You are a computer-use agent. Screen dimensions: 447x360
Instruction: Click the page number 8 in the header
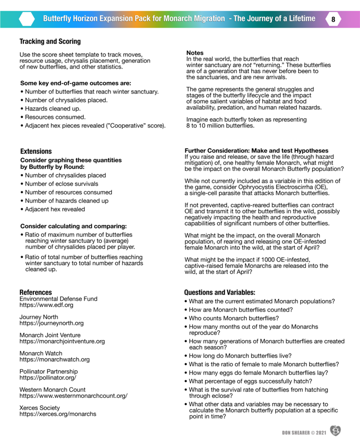pos(333,19)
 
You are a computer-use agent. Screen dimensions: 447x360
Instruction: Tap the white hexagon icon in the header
pos(27,19)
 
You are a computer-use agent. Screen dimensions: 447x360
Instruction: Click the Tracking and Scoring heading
pos(50,41)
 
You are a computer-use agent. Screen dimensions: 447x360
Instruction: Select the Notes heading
pos(195,53)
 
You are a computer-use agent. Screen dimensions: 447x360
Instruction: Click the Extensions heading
pos(36,151)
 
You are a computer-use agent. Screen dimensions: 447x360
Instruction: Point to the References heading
pos(36,292)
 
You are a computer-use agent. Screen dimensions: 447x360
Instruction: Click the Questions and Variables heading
pos(220,292)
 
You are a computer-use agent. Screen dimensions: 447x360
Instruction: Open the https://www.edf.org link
pos(46,305)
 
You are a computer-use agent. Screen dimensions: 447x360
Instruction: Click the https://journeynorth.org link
pos(51,323)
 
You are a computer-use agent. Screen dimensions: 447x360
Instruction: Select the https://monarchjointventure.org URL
pos(62,341)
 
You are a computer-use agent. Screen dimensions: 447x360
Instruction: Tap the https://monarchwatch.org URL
pos(54,359)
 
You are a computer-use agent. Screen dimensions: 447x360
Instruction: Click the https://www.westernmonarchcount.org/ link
pos(73,396)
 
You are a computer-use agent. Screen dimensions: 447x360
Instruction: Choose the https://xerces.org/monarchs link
pos(58,414)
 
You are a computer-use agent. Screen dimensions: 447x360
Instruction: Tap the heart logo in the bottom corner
pos(335,431)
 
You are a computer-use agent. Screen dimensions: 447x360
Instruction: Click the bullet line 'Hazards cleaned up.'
pos(52,108)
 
